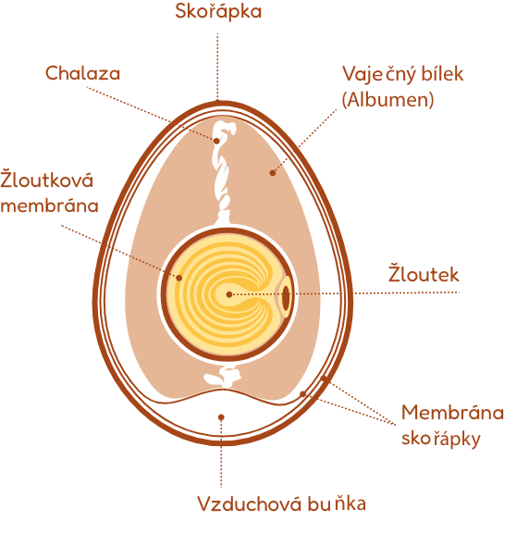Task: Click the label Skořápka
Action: click(x=218, y=11)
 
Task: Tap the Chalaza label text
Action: click(x=83, y=73)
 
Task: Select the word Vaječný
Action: click(x=379, y=74)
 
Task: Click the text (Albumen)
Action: click(x=388, y=100)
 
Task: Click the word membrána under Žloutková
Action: click(x=49, y=205)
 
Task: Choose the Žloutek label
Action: click(x=424, y=274)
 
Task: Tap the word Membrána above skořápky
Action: click(x=452, y=413)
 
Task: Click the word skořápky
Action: click(x=441, y=438)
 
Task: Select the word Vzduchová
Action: click(x=249, y=503)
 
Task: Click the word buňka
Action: click(x=337, y=503)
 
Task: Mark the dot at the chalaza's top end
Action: click(x=216, y=141)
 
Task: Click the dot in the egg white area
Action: click(x=273, y=173)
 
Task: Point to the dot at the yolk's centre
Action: click(x=229, y=294)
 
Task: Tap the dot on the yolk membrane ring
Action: click(x=178, y=278)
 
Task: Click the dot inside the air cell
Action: click(x=221, y=417)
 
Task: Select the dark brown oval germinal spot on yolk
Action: click(x=286, y=297)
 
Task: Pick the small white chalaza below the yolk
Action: click(x=223, y=376)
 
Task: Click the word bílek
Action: click(x=442, y=73)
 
